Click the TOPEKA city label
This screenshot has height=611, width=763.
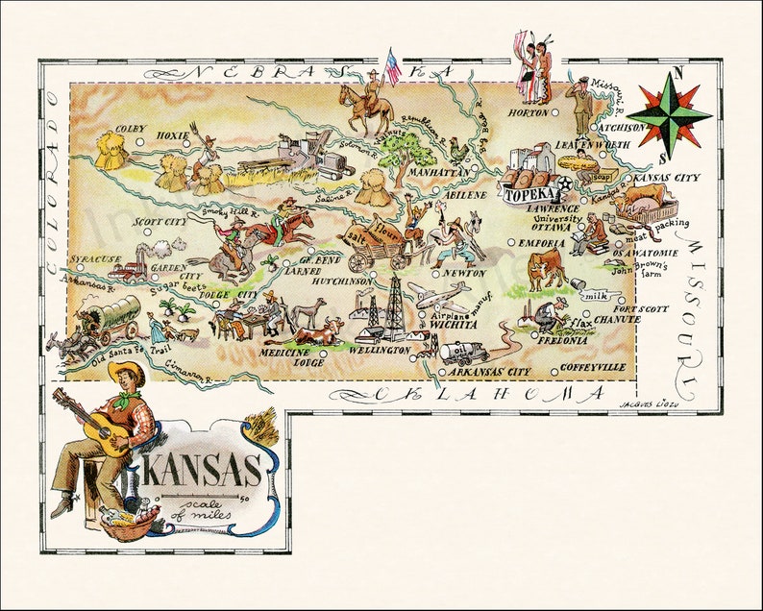tap(524, 194)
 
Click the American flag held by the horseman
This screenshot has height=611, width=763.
tap(392, 64)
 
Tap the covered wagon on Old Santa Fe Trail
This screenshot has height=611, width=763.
tap(113, 316)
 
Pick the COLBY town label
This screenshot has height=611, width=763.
tap(131, 129)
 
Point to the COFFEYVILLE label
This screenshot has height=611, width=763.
tap(594, 368)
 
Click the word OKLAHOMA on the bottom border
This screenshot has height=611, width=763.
tap(490, 394)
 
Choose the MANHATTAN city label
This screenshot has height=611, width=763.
tap(439, 172)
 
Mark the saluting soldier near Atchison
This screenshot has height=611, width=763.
tap(580, 103)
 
